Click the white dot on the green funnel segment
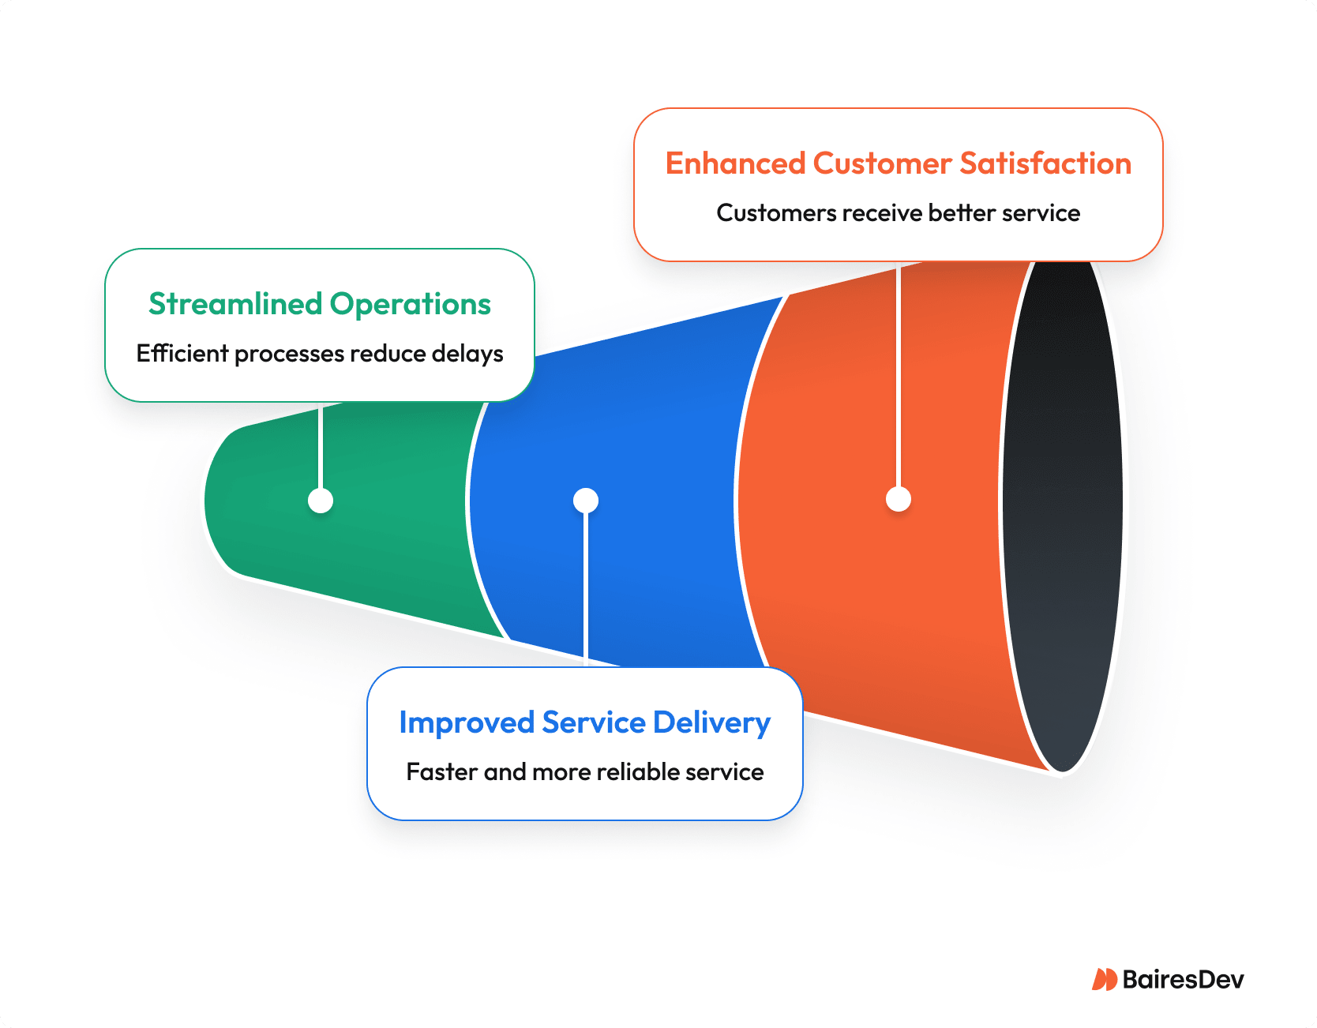321,501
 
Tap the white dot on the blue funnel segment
586,501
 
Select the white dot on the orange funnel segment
899,499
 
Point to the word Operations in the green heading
411,304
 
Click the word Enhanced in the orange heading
735,163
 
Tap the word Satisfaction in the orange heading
1046,163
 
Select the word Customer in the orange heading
883,163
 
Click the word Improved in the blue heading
467,723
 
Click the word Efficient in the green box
182,354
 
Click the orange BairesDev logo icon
1104,980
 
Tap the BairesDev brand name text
1183,980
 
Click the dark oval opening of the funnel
1063,513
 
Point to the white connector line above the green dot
321,446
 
